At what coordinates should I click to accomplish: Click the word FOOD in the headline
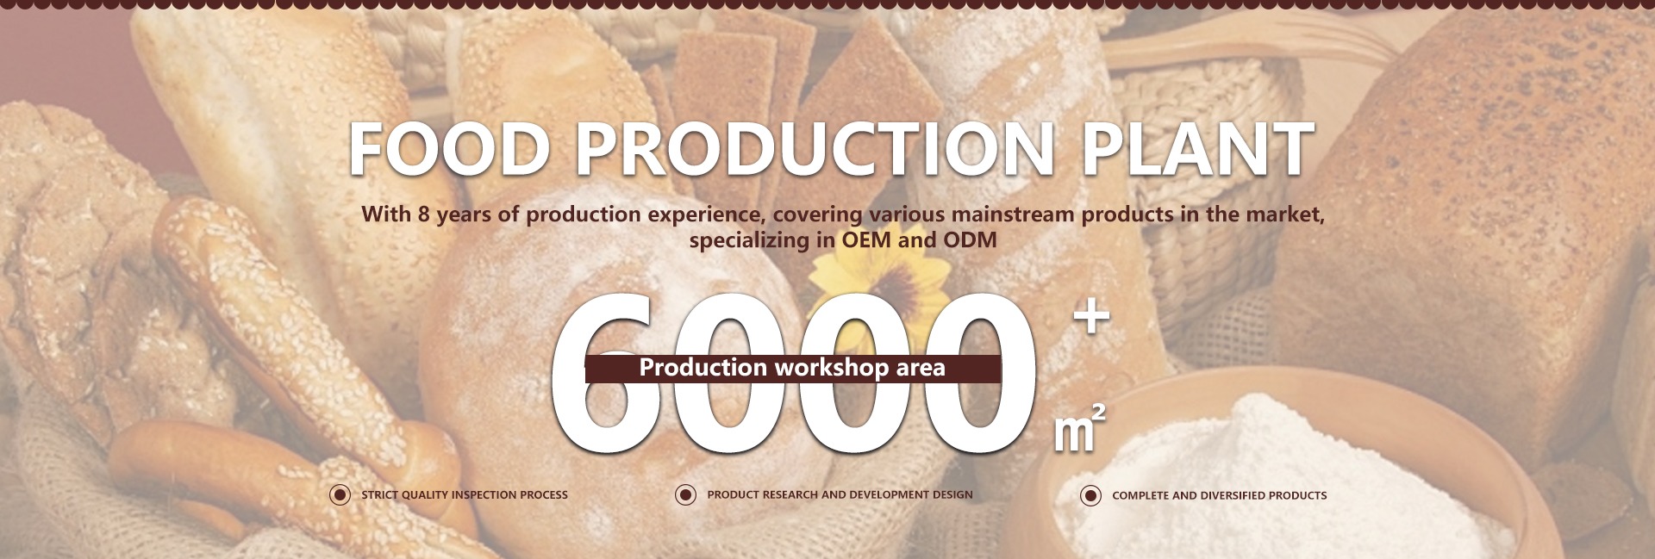point(449,148)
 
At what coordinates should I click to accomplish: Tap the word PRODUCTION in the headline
point(815,148)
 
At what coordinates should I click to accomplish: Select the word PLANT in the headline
point(1196,148)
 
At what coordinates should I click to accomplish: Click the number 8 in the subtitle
point(423,214)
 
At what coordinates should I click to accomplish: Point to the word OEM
point(866,239)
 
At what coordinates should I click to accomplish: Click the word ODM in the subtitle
point(970,239)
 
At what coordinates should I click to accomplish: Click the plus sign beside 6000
point(1091,317)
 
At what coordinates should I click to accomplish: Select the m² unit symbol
point(1079,427)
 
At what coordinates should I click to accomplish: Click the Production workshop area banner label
point(792,368)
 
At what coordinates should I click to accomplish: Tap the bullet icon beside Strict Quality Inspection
point(340,494)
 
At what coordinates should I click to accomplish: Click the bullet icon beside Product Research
point(685,494)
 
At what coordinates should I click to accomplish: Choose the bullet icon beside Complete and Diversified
point(1090,495)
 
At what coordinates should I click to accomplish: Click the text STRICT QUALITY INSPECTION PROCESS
point(465,494)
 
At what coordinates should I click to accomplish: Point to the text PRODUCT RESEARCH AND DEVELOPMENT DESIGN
point(840,494)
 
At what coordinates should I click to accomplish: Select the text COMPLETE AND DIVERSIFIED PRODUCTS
point(1220,495)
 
